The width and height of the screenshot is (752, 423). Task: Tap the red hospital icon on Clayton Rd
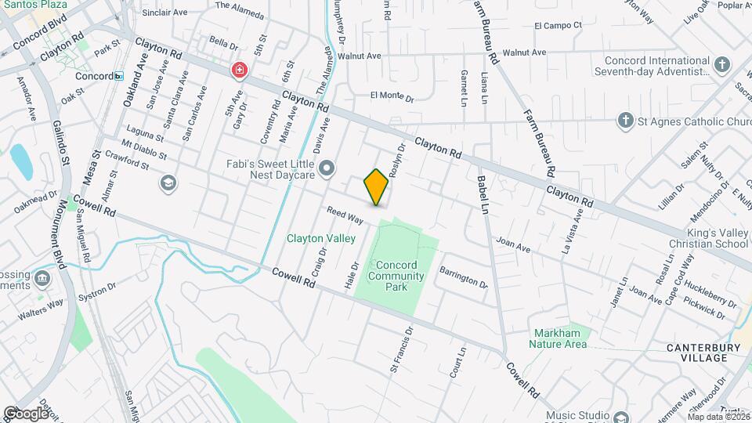click(x=238, y=71)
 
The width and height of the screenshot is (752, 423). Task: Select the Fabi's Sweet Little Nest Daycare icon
click(x=327, y=168)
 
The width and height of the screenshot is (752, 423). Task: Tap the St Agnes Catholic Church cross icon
click(x=625, y=121)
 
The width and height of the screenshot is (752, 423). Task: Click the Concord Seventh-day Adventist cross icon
click(x=722, y=65)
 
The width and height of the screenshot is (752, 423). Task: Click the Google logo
click(x=26, y=413)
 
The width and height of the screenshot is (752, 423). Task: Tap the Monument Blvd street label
click(x=61, y=235)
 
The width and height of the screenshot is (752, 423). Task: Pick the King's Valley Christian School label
click(x=704, y=237)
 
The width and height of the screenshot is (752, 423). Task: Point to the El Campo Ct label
click(x=558, y=25)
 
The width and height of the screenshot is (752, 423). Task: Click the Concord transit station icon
click(x=118, y=76)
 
